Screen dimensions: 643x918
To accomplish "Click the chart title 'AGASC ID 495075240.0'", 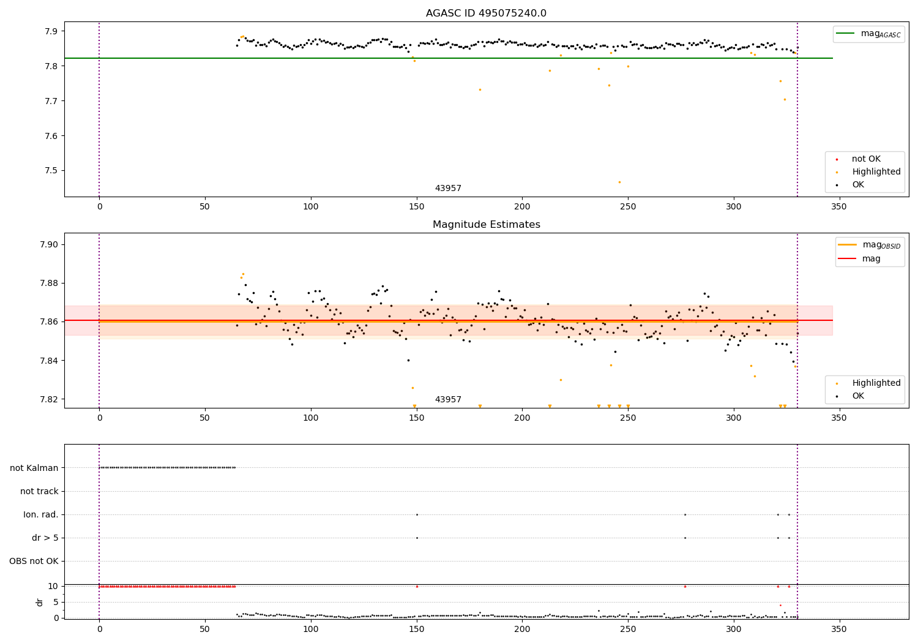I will point(486,13).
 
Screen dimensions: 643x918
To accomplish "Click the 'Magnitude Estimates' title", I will point(486,225).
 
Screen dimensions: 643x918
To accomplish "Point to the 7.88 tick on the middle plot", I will point(48,283).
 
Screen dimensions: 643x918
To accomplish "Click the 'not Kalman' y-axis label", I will point(34,468).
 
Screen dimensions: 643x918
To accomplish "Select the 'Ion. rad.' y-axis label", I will point(41,514).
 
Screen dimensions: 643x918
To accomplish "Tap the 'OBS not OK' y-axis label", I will point(34,561).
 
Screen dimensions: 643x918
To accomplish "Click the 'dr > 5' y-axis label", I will point(45,538).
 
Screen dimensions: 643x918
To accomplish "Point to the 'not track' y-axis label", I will point(39,491).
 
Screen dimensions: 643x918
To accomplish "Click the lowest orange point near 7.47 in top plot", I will point(619,182).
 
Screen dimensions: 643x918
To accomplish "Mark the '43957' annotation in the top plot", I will point(448,189).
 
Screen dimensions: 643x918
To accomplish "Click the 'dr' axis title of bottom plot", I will point(40,602).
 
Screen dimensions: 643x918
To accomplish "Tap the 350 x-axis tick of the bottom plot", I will point(839,629).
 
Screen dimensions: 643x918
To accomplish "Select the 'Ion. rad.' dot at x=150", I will point(417,514).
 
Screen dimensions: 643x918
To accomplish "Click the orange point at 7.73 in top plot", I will point(480,89).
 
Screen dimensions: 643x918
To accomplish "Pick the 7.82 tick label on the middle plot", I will point(48,399).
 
